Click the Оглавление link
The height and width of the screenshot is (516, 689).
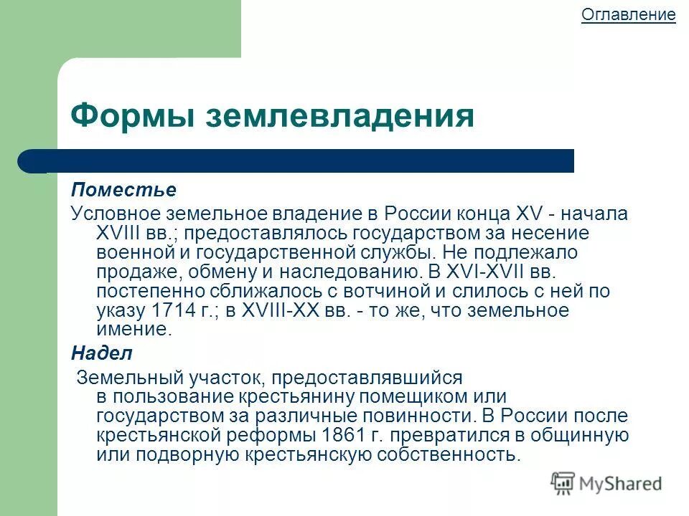pyautogui.click(x=628, y=15)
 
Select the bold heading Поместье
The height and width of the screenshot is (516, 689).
pyautogui.click(x=123, y=190)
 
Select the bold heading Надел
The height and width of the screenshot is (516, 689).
pyautogui.click(x=101, y=353)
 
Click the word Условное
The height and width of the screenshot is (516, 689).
pyautogui.click(x=116, y=214)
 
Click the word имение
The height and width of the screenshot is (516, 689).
pyautogui.click(x=133, y=330)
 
